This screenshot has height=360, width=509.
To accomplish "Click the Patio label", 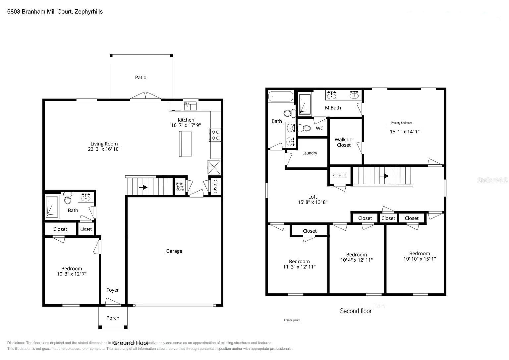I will coord(141,78).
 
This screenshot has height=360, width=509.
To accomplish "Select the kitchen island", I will coord(186,144).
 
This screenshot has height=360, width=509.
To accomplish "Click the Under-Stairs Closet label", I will coord(180,186).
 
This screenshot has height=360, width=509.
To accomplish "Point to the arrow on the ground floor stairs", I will coord(143,187).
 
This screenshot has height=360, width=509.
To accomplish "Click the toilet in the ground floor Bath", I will coord(68,199).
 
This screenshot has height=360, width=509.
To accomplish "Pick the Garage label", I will coord(174,251).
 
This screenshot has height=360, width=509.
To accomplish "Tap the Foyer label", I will coord(113,290).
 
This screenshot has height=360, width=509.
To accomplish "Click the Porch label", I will coord(113,318).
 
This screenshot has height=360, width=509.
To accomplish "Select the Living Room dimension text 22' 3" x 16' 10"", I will coord(104,149).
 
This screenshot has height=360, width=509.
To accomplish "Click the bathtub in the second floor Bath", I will coord(281,96).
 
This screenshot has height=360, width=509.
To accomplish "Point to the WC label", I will coord(319,128).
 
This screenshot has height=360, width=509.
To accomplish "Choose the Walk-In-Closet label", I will coord(344,142).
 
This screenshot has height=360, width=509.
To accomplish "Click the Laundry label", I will coord(310,153).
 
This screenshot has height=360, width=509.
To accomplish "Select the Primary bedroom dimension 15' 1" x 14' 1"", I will coord(404,132).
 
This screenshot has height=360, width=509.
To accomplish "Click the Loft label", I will coord(312,197).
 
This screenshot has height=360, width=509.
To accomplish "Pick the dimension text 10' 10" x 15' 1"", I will coord(419,259).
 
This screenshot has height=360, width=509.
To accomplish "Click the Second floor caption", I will coord(356,311).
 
